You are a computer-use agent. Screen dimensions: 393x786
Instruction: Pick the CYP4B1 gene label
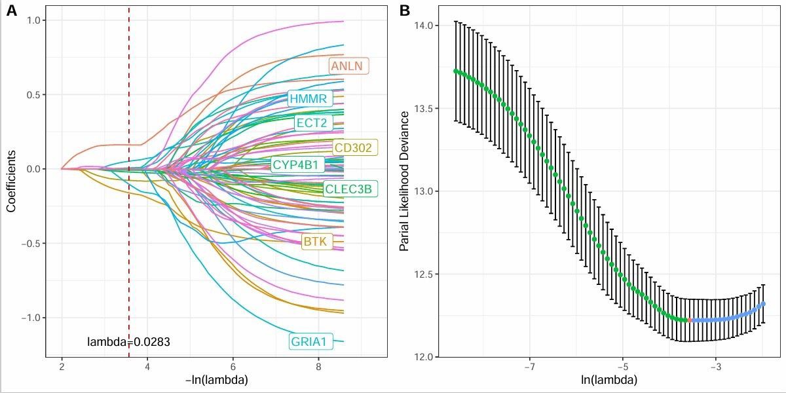[297, 164]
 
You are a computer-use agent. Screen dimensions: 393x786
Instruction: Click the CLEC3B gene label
[350, 189]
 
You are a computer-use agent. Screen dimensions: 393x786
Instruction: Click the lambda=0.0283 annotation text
[129, 341]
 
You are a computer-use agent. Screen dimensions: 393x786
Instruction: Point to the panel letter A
[12, 10]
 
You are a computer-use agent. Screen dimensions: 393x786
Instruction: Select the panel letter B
[405, 10]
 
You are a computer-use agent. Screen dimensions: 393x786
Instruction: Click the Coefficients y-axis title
[11, 181]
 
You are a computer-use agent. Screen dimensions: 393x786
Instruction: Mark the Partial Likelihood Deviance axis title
[404, 181]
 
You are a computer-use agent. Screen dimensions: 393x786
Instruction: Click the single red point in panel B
[689, 320]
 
